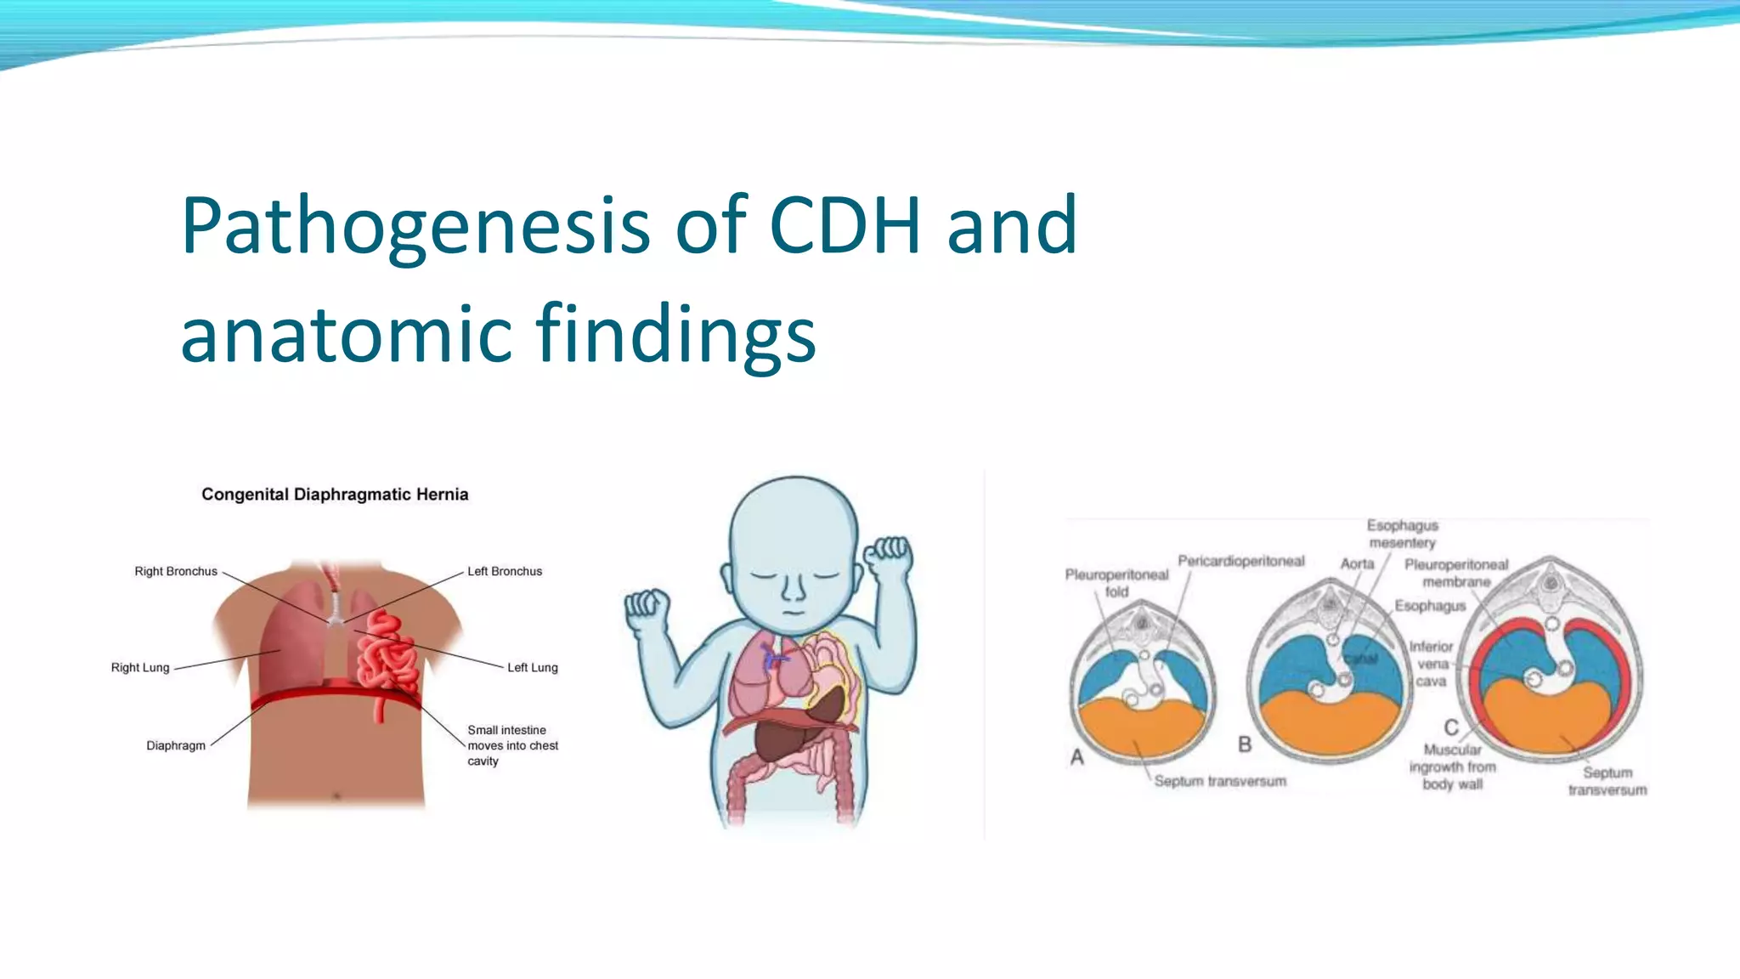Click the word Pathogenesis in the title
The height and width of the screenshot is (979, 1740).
coord(415,226)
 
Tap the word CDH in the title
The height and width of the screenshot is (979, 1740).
coord(845,226)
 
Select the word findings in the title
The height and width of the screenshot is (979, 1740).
coord(675,335)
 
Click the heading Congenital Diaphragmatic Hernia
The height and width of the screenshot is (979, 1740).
coord(335,495)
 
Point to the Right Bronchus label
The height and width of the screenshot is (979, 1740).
coord(176,571)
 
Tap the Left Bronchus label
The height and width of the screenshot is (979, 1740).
coord(505,571)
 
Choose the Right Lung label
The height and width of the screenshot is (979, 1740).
coord(140,668)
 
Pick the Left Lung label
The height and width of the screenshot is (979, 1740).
coord(533,668)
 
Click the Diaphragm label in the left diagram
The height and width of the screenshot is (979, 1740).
coord(176,746)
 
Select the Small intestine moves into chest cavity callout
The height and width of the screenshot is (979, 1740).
coord(512,745)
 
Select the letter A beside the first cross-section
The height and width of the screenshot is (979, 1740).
coord(1077,756)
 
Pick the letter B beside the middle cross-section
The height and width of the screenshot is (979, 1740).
coord(1245,744)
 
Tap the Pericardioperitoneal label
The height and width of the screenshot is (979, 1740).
coord(1240,561)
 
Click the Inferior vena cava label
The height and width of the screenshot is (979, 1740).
coord(1432,664)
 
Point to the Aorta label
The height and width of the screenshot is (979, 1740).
coord(1357,563)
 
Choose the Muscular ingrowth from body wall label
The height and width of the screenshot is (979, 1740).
coord(1452,767)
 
